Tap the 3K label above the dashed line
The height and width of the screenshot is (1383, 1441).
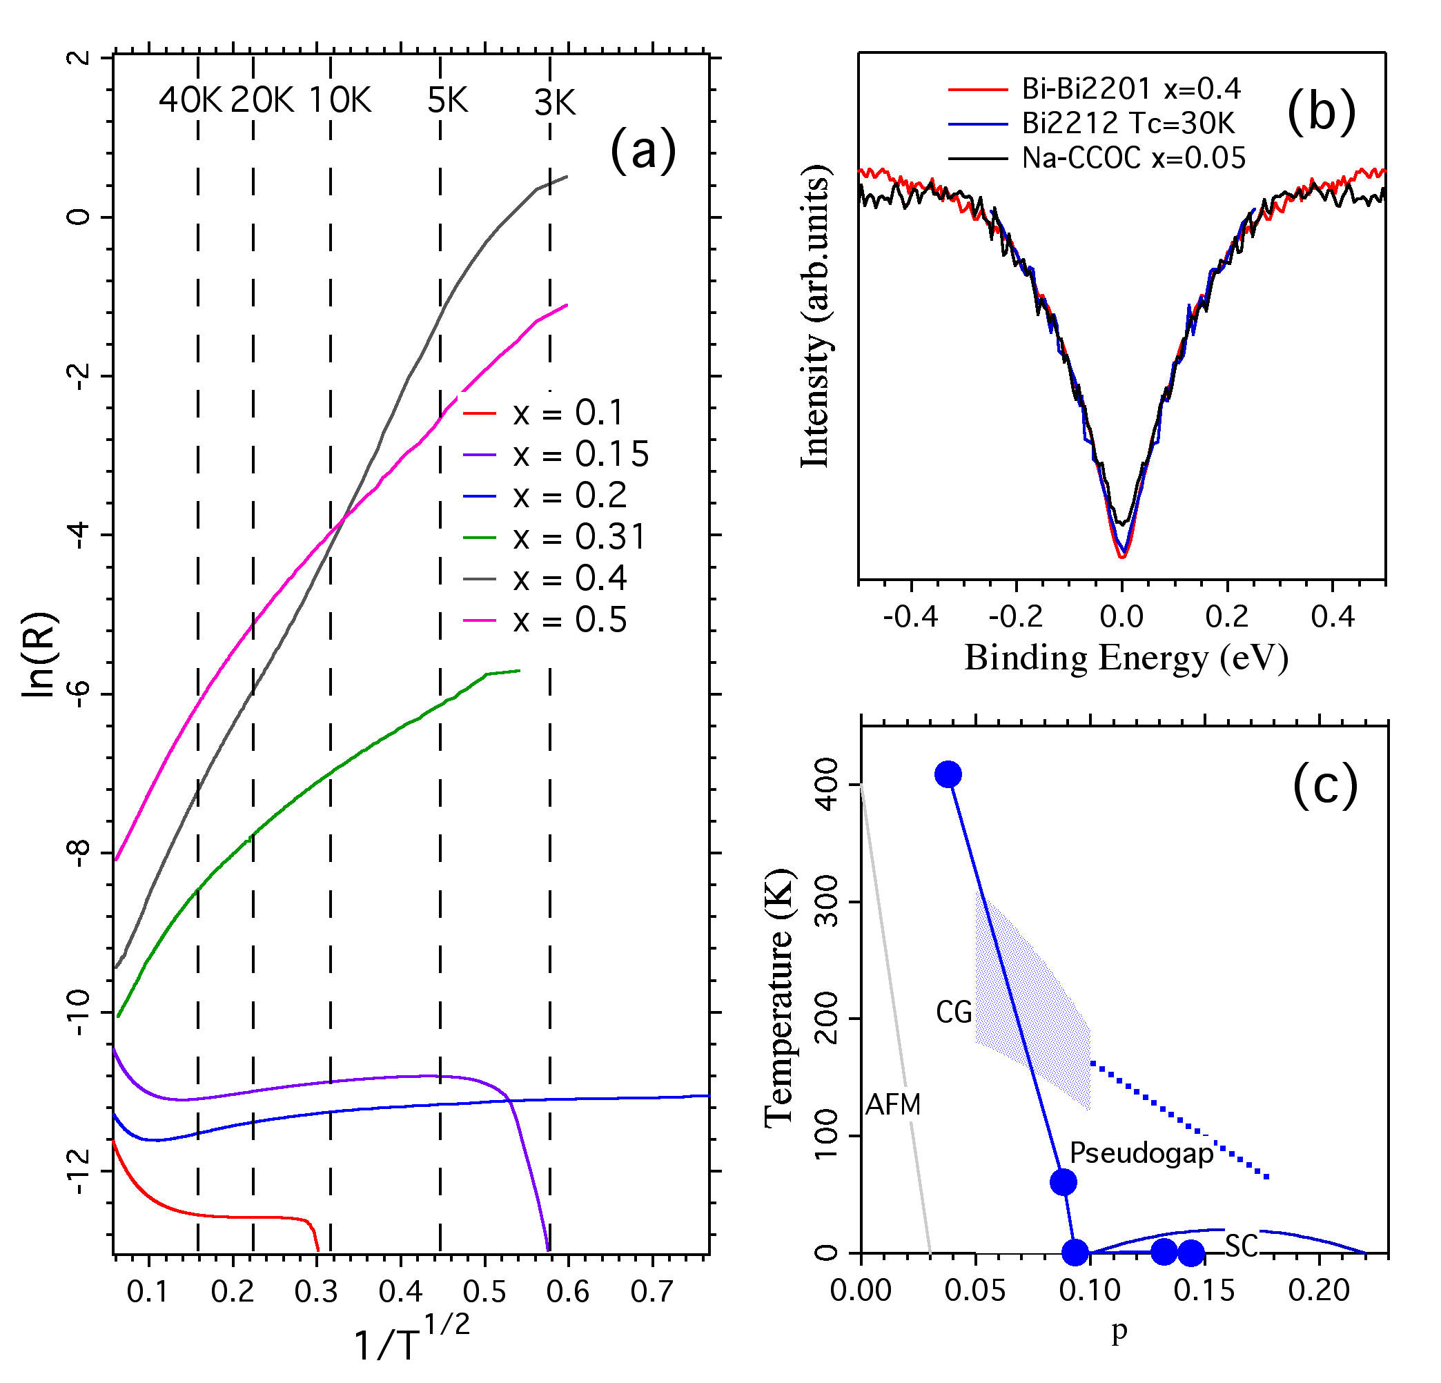554,103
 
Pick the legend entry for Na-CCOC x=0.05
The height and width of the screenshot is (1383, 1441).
1133,158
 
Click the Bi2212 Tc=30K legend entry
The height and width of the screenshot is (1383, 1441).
1128,124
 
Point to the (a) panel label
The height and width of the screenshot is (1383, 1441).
643,150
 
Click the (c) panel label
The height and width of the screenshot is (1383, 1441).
1325,786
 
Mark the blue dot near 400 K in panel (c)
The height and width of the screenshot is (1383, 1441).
948,774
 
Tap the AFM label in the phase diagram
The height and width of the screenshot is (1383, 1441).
892,1104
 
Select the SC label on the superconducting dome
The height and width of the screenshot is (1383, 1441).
1241,1246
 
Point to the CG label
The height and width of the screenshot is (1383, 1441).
954,1012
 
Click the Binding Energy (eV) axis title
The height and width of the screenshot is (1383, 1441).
1126,658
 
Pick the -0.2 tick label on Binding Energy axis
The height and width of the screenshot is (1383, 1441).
1015,616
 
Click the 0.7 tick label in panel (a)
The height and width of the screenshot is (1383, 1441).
651,1291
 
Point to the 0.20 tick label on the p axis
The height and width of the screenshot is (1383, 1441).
1319,1290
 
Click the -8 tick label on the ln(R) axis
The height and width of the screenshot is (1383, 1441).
79,853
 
